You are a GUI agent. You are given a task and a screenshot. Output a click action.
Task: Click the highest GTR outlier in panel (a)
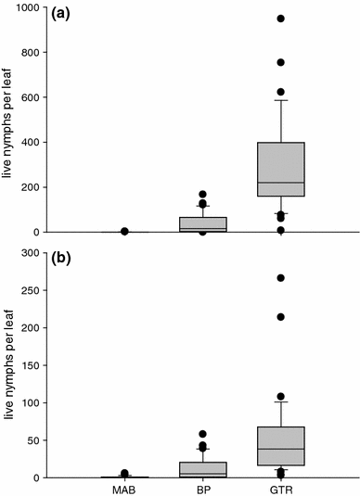280,19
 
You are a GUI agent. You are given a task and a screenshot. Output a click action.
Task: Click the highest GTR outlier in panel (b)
280,278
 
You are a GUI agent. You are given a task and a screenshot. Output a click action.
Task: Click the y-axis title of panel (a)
8,119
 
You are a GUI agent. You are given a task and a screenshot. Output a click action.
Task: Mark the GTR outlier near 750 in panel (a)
280,63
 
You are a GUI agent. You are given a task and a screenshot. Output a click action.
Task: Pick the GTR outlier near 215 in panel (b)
280,317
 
